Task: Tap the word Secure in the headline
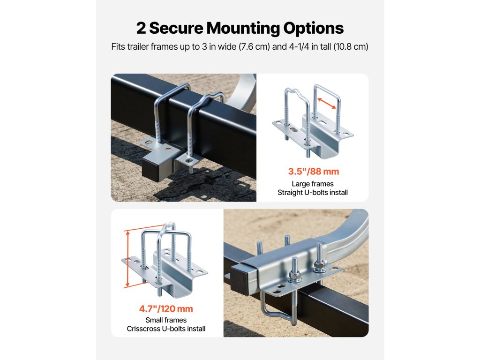pos(176,28)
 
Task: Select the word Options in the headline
pos(314,29)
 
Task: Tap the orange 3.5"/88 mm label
pos(314,172)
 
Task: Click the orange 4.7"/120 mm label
pos(166,308)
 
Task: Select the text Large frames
pos(313,184)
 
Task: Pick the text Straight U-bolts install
pos(313,193)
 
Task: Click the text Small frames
pos(166,320)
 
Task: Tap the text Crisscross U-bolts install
pos(166,329)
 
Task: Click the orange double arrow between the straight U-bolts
pos(327,103)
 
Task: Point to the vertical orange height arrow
pos(127,259)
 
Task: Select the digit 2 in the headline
pos(141,28)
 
